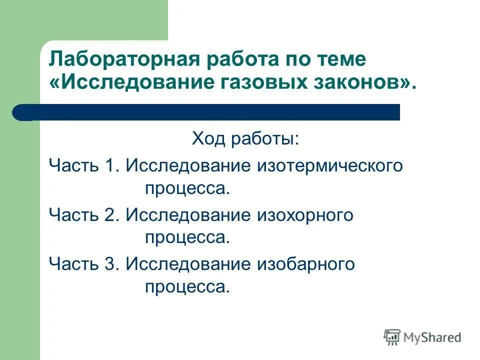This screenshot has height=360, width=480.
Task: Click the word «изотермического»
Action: pos(330,165)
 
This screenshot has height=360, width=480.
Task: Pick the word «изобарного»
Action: pos(306,264)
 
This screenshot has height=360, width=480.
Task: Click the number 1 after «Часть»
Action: pos(109,165)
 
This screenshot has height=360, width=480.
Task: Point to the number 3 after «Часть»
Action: pos(110,264)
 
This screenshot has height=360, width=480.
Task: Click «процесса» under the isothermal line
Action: pos(187,189)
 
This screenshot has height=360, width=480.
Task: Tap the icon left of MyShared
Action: pos(392,337)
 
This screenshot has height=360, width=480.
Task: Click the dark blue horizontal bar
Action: pos(210,112)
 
